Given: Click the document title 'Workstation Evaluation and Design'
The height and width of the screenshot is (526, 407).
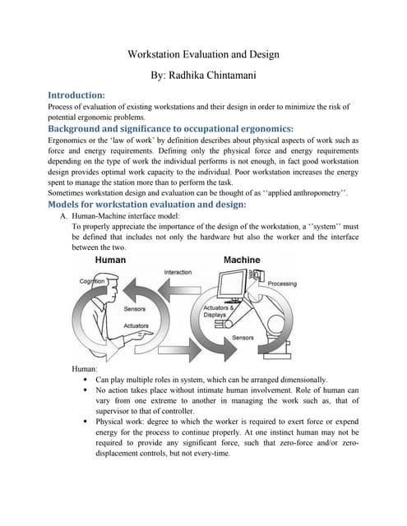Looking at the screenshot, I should pos(204,54).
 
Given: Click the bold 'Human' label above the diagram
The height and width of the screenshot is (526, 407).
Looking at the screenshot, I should pos(111,260).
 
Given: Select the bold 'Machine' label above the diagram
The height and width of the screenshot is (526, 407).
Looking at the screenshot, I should pos(242,260).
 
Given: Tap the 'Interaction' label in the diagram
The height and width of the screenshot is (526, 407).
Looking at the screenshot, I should pos(178,272).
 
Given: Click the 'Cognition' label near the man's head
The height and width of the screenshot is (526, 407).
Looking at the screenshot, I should pos(93,281).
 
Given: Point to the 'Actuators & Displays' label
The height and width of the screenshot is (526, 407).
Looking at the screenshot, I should pos(215,311).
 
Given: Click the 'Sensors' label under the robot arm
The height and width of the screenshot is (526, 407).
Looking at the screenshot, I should pos(243,338).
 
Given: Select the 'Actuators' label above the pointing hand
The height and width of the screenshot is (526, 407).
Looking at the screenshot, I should pos(136,325).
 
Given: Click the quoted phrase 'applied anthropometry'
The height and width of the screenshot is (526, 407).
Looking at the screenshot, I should pos(302,192).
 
